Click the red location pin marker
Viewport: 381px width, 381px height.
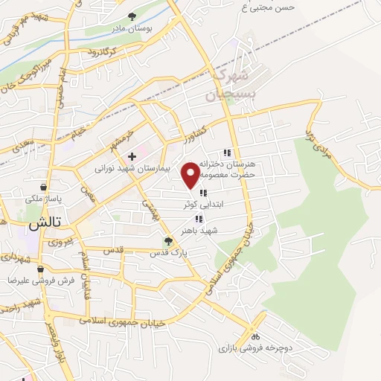tap(191, 174)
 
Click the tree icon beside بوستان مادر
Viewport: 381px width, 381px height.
tap(132, 16)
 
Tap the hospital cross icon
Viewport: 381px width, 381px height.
tap(132, 157)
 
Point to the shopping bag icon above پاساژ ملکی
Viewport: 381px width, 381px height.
tap(45, 187)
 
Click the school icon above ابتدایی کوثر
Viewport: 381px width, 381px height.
tap(203, 193)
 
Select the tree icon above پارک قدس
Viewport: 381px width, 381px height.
tap(168, 240)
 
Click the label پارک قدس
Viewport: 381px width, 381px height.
tap(168, 252)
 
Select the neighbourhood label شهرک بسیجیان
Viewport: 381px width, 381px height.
tap(228, 86)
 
